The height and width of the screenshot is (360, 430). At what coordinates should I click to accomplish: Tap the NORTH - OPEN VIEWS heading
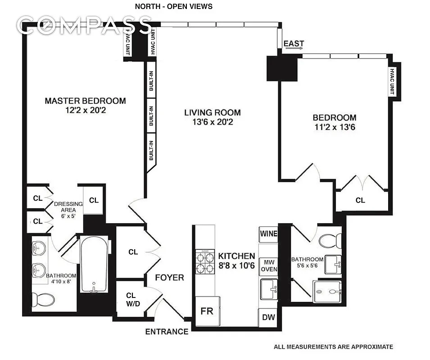click(x=174, y=6)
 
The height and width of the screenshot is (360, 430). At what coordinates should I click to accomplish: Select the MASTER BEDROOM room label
click(x=85, y=101)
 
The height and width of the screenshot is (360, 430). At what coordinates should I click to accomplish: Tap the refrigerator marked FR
click(x=207, y=311)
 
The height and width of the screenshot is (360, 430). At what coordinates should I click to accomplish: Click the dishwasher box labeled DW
click(x=268, y=318)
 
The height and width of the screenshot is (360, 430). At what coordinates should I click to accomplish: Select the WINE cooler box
click(x=268, y=234)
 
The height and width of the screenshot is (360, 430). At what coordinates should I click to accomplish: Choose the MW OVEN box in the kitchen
click(x=270, y=265)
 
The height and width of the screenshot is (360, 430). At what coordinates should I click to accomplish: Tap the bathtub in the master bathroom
click(x=95, y=265)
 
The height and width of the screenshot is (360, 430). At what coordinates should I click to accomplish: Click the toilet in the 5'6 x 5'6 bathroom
click(x=330, y=241)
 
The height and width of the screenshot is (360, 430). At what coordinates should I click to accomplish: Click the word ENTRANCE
click(x=167, y=332)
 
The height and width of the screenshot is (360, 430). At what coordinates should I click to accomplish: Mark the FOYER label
click(x=170, y=277)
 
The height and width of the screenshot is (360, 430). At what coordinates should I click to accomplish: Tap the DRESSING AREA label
click(x=68, y=207)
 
